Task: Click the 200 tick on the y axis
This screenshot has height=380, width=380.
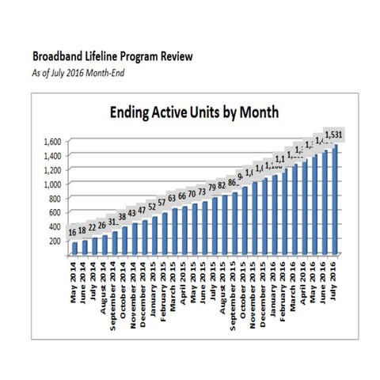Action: tap(53, 241)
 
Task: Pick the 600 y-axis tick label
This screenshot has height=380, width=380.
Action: tap(53, 212)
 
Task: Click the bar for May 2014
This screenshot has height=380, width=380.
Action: tap(74, 248)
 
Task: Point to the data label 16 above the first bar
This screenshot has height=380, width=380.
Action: tap(73, 231)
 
